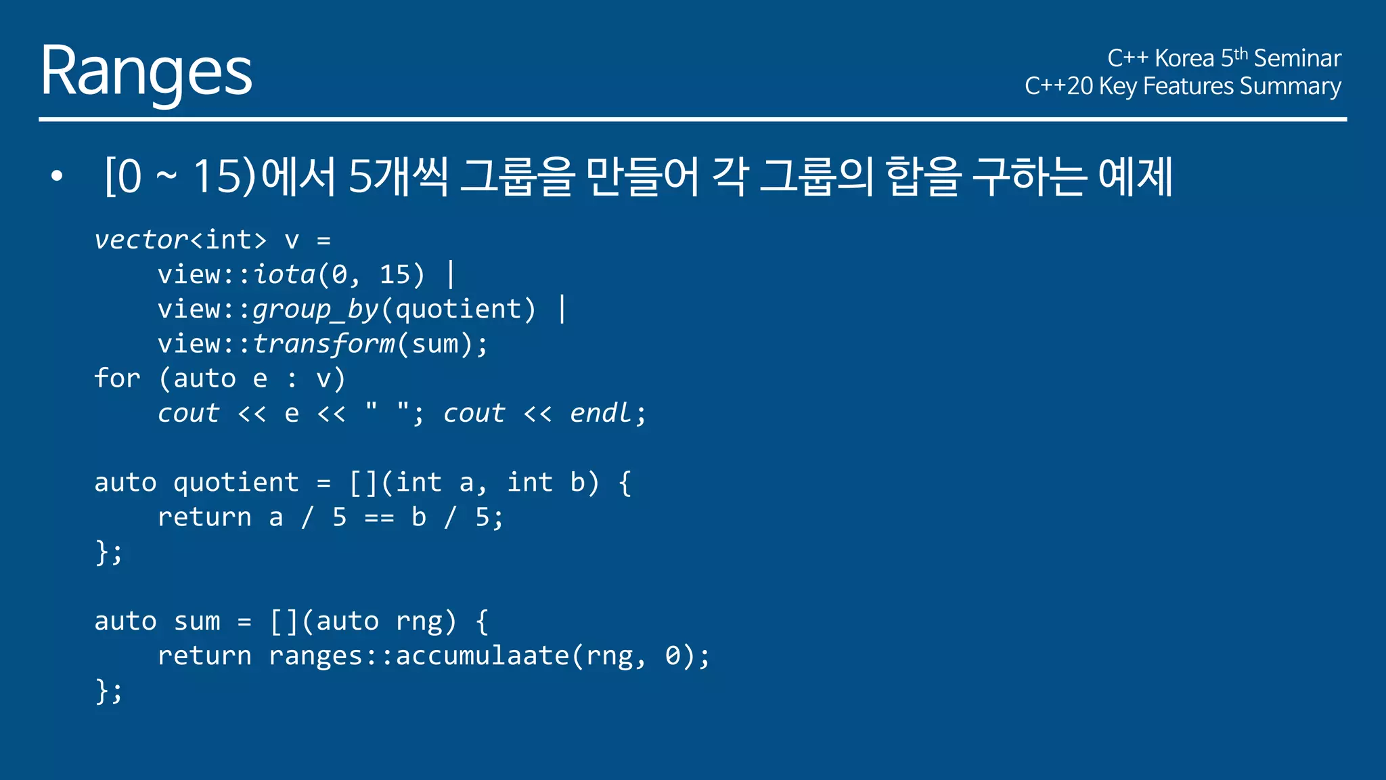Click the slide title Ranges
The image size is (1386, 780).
146,71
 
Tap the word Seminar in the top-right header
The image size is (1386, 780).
1297,58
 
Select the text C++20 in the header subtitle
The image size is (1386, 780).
1058,87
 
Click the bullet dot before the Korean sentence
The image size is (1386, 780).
57,177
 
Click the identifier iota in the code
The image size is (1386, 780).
284,275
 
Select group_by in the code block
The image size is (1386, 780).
315,309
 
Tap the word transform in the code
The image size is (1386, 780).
323,344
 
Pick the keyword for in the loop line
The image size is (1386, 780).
117,378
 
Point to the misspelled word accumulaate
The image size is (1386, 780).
483,655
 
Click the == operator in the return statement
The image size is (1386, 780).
379,518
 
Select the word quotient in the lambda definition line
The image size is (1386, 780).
236,483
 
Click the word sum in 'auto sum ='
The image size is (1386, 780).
197,622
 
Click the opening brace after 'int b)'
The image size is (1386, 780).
625,483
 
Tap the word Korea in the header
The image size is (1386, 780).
1184,58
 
